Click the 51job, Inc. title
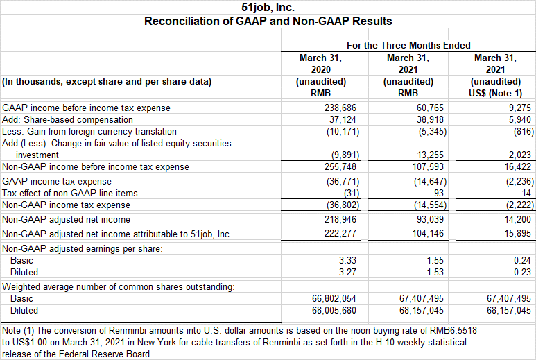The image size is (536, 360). pos(268,7)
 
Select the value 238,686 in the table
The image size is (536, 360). pos(340,108)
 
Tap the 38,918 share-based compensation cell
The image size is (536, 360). pos(430,119)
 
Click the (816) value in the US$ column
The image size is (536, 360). pos(524,131)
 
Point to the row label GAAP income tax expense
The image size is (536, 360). pos(57,182)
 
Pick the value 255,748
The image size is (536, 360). pos(340,167)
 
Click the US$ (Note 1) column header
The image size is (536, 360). pos(495,94)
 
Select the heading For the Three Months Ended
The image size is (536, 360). pos(408,45)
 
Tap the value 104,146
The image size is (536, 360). pos(428,234)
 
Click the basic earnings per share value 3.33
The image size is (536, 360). pos(347,260)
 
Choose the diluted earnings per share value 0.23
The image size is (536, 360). pos(522,272)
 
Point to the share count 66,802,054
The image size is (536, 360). pos(334,298)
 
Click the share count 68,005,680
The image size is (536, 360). pos(334,311)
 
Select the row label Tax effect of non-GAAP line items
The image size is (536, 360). pos(70,193)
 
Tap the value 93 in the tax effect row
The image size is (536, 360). pos(438,193)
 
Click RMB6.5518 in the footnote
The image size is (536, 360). pos(453,331)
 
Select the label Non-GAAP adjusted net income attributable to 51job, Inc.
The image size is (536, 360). pos(117,234)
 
